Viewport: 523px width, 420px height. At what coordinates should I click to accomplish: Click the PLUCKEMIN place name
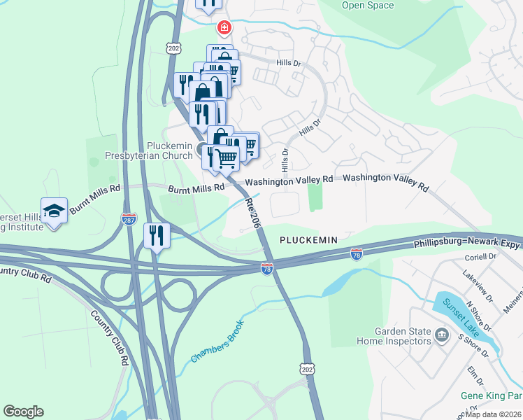click(308, 239)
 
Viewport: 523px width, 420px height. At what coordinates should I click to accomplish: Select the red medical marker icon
click(224, 29)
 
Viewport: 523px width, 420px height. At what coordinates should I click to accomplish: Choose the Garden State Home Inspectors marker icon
click(442, 335)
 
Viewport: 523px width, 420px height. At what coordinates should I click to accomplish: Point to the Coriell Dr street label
click(480, 257)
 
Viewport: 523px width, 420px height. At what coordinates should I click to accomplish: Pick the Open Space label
click(367, 6)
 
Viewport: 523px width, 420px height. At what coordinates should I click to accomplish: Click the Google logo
click(23, 412)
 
